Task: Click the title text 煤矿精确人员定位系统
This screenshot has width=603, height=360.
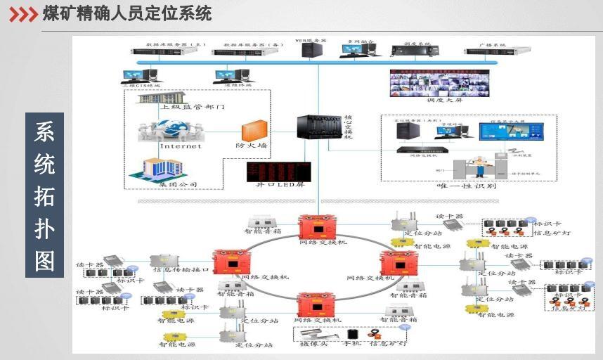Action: click(127, 13)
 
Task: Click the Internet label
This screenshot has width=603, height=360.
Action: click(180, 146)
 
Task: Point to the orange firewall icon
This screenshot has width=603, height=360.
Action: click(254, 131)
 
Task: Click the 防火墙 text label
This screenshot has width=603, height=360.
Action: click(251, 146)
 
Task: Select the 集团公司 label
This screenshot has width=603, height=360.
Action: click(179, 185)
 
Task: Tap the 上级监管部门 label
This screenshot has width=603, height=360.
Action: click(192, 107)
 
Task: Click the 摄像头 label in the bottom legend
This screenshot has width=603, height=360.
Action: click(313, 344)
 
